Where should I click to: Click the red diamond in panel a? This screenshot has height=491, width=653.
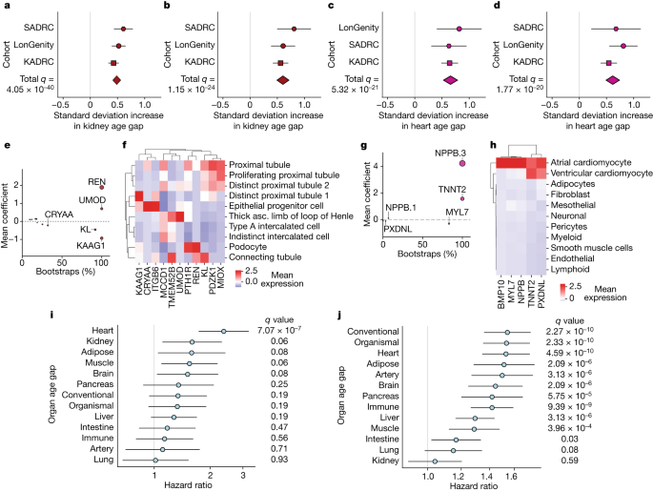[x=116, y=80]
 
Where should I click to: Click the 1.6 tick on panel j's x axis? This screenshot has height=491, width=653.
[x=512, y=477]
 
